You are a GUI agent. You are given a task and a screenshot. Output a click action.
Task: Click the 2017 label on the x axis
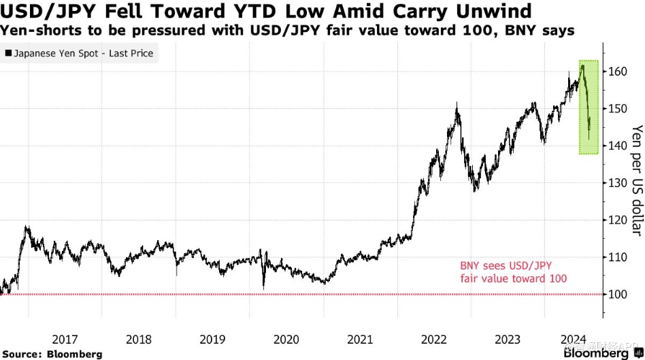(65, 338)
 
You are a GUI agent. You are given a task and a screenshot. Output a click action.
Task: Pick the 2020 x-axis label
(286, 338)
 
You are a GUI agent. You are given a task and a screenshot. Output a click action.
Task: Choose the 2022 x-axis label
(433, 338)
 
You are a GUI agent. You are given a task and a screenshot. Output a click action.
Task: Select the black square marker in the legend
(7, 53)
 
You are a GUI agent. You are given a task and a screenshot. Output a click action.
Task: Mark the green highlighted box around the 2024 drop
(589, 107)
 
